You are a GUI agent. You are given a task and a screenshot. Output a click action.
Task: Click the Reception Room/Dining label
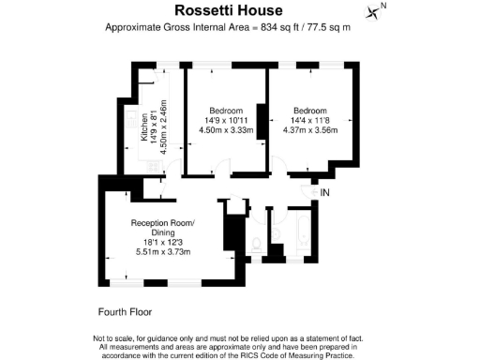[163, 227]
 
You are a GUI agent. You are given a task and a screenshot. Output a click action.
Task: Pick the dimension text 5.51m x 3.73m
[163, 251]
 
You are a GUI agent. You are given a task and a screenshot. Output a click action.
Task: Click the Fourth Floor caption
[125, 310]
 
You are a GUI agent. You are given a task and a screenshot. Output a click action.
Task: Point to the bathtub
[305, 234]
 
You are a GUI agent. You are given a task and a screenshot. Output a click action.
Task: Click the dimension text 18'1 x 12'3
[163, 242]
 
